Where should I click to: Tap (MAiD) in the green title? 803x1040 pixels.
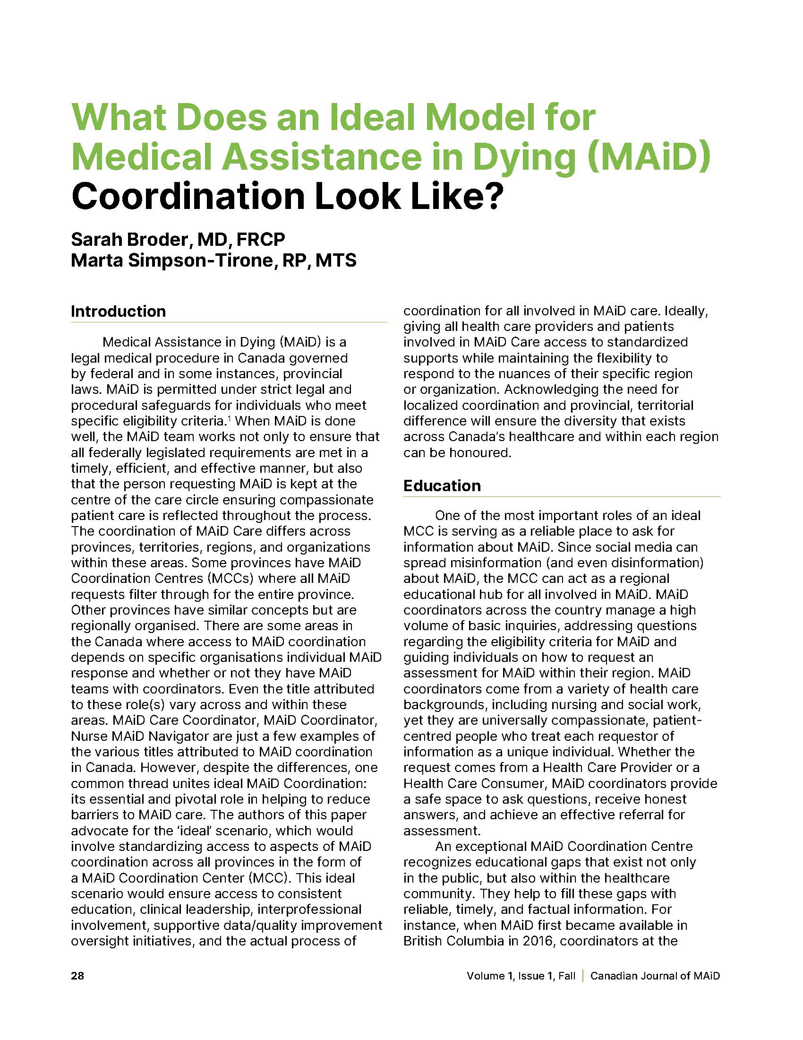(x=649, y=157)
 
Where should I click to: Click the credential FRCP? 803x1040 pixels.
(x=261, y=239)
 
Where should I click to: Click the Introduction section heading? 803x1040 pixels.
(x=119, y=312)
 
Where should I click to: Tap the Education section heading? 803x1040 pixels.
(x=442, y=485)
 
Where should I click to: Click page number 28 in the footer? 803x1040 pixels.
(x=77, y=976)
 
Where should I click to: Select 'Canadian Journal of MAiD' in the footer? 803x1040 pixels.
(x=655, y=976)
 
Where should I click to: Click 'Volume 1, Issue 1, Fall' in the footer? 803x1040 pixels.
(x=521, y=976)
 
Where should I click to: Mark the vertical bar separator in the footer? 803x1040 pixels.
(x=583, y=976)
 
